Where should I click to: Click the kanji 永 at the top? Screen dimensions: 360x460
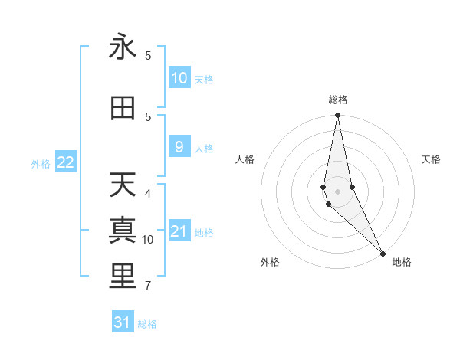point(123,47)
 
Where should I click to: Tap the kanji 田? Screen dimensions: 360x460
point(123,109)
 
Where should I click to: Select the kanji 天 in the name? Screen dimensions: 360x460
point(123,185)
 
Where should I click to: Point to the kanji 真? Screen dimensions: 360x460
point(123,231)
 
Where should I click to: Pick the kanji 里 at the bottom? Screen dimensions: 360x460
point(123,277)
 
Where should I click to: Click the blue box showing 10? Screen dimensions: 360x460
point(179,78)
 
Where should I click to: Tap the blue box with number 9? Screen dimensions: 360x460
point(179,147)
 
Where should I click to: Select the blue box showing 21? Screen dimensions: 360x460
point(179,231)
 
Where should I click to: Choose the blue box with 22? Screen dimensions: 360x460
point(66,162)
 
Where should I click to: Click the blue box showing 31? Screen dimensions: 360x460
point(123,322)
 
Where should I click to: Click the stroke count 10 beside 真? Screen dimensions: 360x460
point(148,240)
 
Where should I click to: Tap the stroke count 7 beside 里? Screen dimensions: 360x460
point(148,286)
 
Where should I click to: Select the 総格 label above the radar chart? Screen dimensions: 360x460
point(338,100)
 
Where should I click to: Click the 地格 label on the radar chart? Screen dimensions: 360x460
point(402,262)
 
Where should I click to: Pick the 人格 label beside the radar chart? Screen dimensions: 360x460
point(245,159)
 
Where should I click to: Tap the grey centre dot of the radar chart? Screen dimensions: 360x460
point(338,180)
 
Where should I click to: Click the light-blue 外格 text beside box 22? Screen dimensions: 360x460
point(41,163)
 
